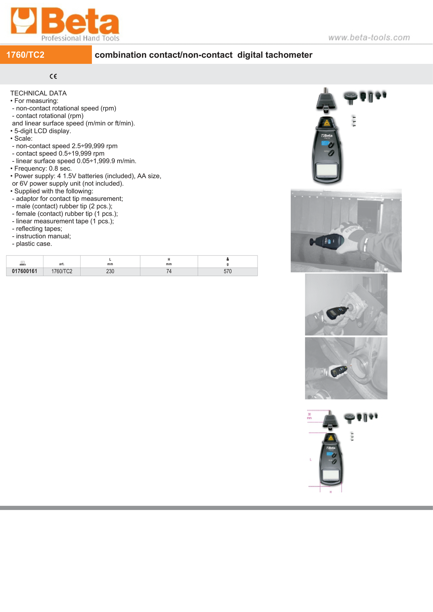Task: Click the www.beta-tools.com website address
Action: [369, 37]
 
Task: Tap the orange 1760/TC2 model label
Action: [26, 55]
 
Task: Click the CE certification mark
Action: [53, 76]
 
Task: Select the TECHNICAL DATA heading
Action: [39, 93]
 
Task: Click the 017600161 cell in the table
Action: [25, 271]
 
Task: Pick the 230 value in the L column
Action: [110, 271]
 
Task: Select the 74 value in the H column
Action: [169, 271]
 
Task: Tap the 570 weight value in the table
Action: [228, 271]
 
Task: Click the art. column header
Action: [62, 264]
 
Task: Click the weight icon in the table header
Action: [228, 259]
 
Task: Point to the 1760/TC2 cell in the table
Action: [62, 271]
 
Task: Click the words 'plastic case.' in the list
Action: [34, 244]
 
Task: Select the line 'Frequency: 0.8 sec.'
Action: [43, 169]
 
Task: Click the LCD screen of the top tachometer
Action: [327, 170]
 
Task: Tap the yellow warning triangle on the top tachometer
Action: [327, 123]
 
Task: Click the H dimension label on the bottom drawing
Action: [331, 492]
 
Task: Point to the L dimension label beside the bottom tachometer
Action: [311, 459]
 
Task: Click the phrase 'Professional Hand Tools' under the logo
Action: [80, 38]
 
